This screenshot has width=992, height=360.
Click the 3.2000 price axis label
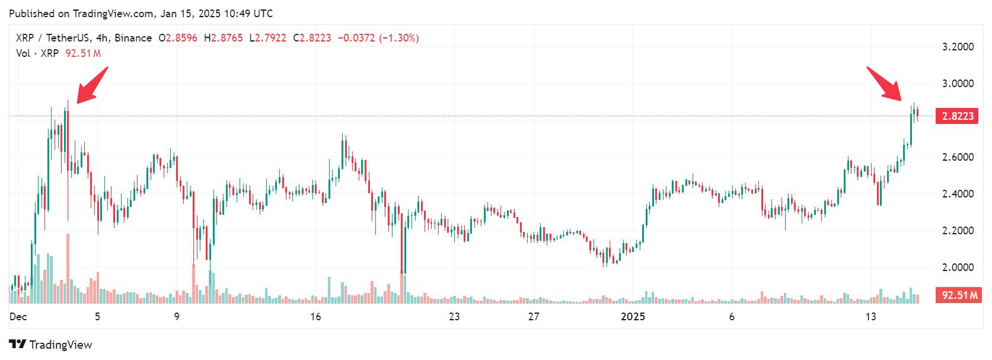tap(958, 47)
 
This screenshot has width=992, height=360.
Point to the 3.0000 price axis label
tap(958, 84)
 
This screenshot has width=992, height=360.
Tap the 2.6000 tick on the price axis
tap(958, 157)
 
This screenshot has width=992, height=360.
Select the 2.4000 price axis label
tap(958, 194)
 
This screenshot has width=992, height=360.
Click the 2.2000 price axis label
tap(958, 231)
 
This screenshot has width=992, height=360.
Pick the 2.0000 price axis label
tap(958, 267)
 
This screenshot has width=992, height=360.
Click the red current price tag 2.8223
tap(957, 116)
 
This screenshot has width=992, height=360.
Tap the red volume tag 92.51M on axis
tap(957, 295)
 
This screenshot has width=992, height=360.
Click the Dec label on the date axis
tap(18, 317)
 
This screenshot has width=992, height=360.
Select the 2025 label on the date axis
tap(633, 317)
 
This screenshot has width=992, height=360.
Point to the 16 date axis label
tap(315, 317)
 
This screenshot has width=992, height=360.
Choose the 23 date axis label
tap(454, 317)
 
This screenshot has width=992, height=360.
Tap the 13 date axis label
tap(870, 317)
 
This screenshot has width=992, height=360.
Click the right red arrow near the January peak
tap(885, 84)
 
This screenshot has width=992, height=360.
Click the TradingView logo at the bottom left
tap(51, 345)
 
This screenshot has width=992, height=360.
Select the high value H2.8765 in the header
tap(224, 38)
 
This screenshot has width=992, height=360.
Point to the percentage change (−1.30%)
tap(399, 38)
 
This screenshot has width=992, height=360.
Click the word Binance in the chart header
tap(133, 38)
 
